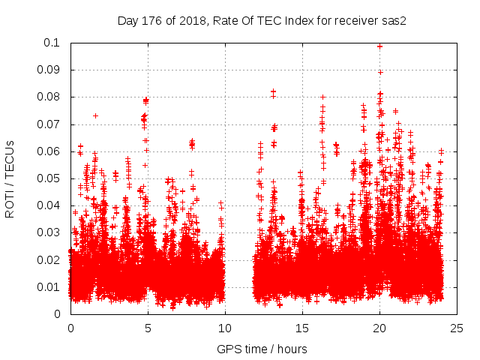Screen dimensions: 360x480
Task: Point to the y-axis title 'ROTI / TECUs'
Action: tap(10, 178)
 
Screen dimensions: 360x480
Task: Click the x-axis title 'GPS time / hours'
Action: tap(262, 349)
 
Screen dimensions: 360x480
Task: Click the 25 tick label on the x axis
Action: tap(457, 328)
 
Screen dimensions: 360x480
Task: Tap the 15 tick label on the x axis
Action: tap(302, 328)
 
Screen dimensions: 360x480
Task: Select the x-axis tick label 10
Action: tap(225, 328)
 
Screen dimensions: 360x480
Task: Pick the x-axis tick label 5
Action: tap(148, 328)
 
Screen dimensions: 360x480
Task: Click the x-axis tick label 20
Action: tap(379, 328)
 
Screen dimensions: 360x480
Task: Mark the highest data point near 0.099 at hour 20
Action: tap(380, 46)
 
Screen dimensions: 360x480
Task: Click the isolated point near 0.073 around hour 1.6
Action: tap(95, 115)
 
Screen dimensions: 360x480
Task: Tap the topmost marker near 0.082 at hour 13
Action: tap(273, 91)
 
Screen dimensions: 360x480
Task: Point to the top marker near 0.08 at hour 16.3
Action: tap(322, 97)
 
